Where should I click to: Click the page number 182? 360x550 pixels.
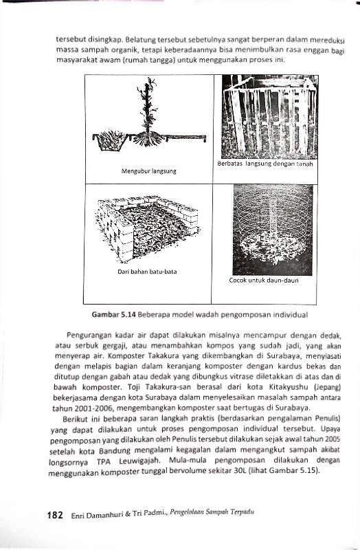pyautogui.click(x=55, y=515)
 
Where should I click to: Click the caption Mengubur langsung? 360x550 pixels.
pyautogui.click(x=149, y=171)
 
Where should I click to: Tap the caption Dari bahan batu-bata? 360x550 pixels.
pyautogui.click(x=147, y=272)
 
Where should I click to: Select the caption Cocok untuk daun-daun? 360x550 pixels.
pyautogui.click(x=264, y=280)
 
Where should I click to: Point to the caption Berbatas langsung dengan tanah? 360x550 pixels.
pyautogui.click(x=265, y=164)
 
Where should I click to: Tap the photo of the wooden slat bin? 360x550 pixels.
pyautogui.click(x=270, y=117)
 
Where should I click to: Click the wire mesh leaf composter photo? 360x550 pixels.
pyautogui.click(x=273, y=230)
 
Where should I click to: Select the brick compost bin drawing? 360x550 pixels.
pyautogui.click(x=147, y=228)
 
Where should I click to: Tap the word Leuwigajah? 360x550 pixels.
pyautogui.click(x=139, y=461)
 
